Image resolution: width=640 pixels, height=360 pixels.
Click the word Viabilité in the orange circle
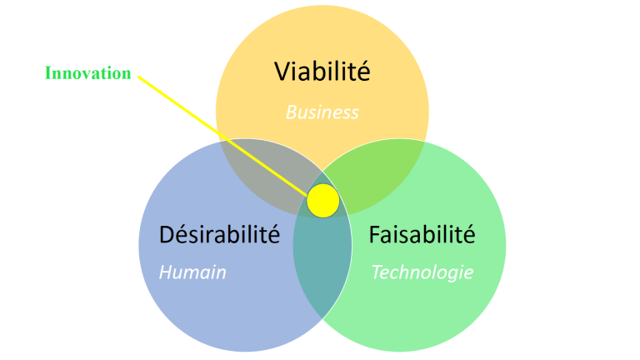click(322, 72)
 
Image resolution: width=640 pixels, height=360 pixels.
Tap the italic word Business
click(322, 112)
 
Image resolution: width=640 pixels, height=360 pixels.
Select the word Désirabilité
click(219, 234)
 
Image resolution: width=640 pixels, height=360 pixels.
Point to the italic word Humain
click(192, 272)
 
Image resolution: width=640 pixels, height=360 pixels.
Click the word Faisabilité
click(422, 234)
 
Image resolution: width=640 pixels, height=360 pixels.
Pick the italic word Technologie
click(422, 272)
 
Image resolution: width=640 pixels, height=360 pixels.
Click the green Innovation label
click(87, 73)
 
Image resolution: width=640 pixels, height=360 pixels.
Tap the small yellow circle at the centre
click(322, 201)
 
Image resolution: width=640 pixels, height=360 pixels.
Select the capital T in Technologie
click(377, 272)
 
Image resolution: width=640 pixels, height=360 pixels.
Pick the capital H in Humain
click(165, 272)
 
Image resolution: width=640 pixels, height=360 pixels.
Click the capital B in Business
click(291, 112)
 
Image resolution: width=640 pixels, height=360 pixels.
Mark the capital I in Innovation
click(47, 73)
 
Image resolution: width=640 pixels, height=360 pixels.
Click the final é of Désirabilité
click(272, 234)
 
